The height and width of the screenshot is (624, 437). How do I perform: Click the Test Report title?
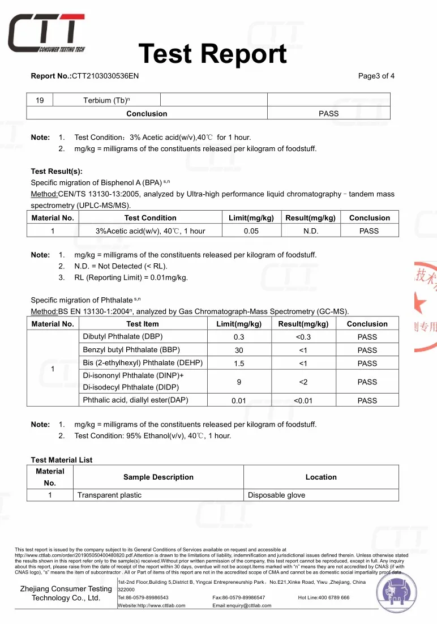tap(212, 54)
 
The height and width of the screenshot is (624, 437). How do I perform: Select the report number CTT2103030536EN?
tap(105, 76)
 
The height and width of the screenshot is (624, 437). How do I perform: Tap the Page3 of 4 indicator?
tap(376, 76)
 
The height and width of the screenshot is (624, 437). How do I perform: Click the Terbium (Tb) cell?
tap(106, 101)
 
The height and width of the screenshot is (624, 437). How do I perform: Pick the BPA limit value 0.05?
tap(251, 231)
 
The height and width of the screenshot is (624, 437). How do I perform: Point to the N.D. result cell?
tap(311, 231)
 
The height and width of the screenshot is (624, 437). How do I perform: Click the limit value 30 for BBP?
tap(239, 351)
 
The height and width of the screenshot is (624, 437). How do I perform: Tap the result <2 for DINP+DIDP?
tap(303, 382)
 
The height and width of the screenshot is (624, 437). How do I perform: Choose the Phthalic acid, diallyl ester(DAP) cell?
tap(135, 400)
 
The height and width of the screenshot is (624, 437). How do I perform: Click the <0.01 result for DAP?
tap(303, 401)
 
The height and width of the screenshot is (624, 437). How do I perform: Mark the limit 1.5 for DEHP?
tap(239, 364)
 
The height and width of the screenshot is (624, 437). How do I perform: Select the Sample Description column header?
tap(158, 477)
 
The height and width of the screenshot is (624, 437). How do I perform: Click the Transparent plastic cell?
tap(109, 495)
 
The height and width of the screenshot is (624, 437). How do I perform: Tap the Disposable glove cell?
tap(276, 495)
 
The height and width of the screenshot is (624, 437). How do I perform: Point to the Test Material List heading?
tap(62, 460)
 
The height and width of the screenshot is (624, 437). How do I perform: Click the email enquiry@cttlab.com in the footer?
tap(242, 605)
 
